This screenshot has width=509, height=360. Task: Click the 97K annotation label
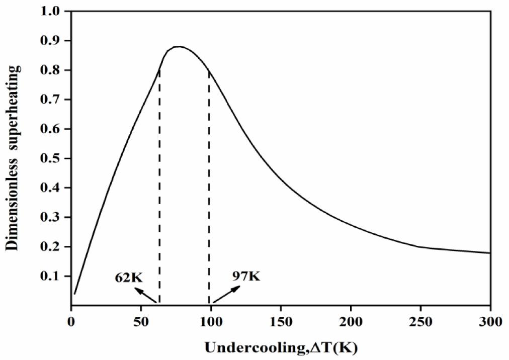pyautogui.click(x=246, y=276)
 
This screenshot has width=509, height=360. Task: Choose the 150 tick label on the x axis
pyautogui.click(x=281, y=320)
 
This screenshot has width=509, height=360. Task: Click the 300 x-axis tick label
pyautogui.click(x=490, y=320)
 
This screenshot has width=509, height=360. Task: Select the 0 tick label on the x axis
pyautogui.click(x=71, y=320)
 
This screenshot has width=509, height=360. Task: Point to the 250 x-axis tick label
pyautogui.click(x=420, y=320)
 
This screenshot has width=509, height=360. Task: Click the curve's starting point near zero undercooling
pyautogui.click(x=74, y=294)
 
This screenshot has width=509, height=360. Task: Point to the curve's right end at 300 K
pyautogui.click(x=489, y=253)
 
